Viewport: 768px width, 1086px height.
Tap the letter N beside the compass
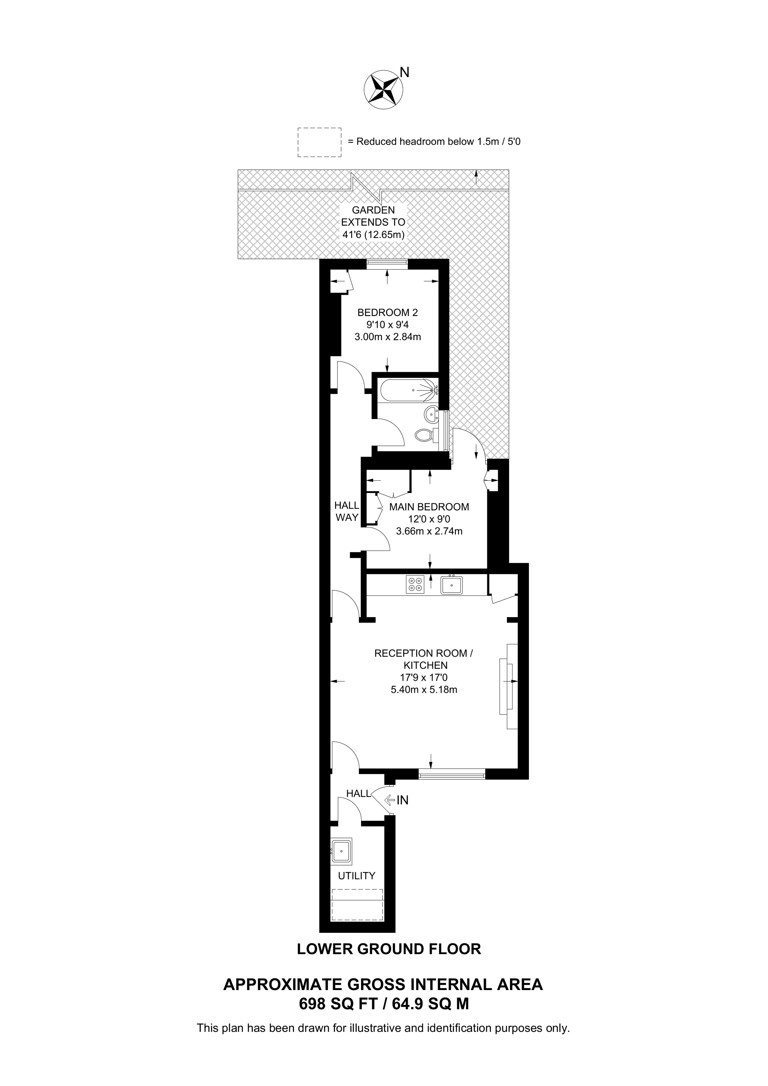point(405,72)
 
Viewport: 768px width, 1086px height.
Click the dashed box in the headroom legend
point(319,142)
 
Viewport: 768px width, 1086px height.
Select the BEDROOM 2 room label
point(387,312)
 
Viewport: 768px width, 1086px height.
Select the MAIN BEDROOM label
point(429,507)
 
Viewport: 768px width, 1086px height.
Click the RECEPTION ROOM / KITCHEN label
point(423,659)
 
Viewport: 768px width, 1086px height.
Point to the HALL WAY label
point(347,511)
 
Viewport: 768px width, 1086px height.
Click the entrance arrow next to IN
point(390,800)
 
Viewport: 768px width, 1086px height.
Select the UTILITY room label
point(356,876)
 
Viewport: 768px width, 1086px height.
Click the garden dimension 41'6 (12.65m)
point(374,234)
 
